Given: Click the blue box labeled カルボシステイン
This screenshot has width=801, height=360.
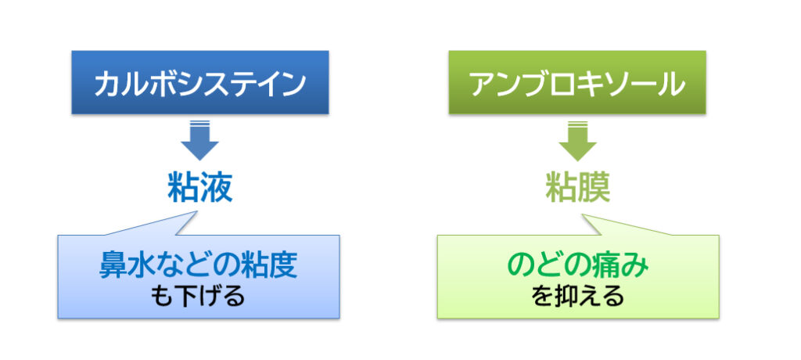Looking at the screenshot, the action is click(x=199, y=82).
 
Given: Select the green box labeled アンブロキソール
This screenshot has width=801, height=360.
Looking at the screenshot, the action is click(x=577, y=82).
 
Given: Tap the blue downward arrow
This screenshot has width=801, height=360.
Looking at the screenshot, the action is click(x=199, y=141).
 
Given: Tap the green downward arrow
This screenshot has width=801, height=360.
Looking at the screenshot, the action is click(x=577, y=141).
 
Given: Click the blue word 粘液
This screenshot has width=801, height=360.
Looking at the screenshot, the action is click(x=199, y=187).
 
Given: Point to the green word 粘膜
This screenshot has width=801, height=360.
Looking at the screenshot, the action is click(x=577, y=187).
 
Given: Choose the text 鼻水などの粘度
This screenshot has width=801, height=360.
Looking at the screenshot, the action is click(x=198, y=265).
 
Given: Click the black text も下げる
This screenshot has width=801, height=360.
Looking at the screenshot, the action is click(x=198, y=296).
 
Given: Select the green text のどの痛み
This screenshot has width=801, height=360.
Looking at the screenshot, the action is click(x=577, y=265).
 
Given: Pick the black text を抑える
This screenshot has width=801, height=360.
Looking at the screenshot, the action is click(x=577, y=296).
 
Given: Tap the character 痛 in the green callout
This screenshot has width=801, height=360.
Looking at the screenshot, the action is click(x=607, y=265).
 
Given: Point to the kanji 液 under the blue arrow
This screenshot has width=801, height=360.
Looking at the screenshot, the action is click(x=217, y=187).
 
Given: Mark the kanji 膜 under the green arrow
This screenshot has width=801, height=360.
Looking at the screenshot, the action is click(x=594, y=187).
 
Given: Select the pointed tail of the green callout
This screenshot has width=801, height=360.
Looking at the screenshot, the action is click(x=583, y=215).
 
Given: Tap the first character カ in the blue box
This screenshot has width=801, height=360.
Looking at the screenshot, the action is click(x=106, y=84).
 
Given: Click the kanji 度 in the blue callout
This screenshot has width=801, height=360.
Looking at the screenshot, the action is click(x=283, y=265).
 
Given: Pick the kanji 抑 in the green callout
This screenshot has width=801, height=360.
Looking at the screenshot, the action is click(x=566, y=296).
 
